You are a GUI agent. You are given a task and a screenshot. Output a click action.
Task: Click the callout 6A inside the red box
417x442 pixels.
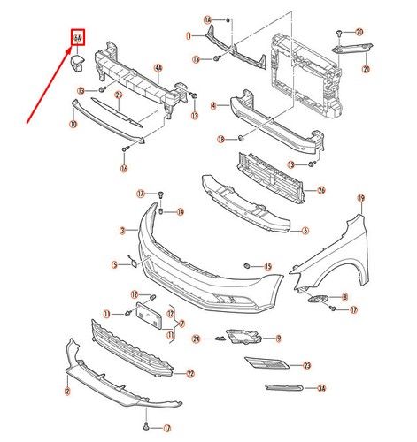78,37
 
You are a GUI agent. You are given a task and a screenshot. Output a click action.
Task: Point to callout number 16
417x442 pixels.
124,168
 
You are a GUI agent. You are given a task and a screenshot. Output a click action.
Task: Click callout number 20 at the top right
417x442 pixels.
359,32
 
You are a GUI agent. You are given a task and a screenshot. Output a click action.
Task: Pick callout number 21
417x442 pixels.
366,69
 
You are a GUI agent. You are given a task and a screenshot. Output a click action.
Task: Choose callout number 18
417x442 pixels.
222,140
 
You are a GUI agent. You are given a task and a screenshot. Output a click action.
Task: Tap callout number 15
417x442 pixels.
268,266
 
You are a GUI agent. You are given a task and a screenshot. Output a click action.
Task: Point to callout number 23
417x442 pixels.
306,365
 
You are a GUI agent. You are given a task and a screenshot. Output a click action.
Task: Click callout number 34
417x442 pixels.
322,388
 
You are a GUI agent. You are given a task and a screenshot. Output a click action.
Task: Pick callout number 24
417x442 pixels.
198,339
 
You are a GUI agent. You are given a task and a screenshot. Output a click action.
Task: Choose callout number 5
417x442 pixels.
114,264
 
